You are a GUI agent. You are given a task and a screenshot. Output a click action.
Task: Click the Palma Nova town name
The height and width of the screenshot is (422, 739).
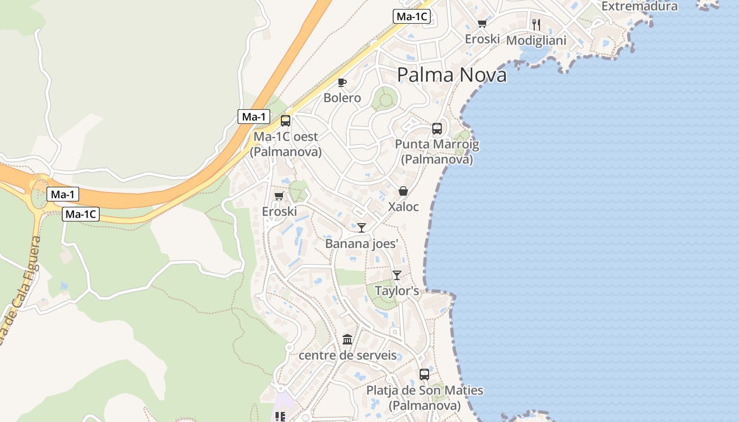pyautogui.click(x=451, y=75)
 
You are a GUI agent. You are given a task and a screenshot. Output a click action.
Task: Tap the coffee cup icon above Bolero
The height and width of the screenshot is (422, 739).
pyautogui.click(x=342, y=82)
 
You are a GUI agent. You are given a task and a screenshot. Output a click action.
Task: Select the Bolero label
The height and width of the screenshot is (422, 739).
pyautogui.click(x=342, y=98)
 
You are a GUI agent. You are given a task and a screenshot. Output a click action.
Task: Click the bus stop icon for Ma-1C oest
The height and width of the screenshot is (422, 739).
pyautogui.click(x=286, y=121)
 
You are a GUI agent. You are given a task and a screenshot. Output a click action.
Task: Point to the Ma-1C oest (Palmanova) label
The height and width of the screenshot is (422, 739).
pyautogui.click(x=286, y=144)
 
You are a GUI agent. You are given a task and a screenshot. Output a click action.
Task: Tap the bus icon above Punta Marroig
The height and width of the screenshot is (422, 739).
pyautogui.click(x=437, y=128)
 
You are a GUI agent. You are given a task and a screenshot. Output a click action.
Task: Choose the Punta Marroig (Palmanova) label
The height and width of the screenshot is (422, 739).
pyautogui.click(x=437, y=151)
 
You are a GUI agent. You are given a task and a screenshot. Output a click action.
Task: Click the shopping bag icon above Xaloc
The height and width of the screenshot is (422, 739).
pyautogui.click(x=403, y=191)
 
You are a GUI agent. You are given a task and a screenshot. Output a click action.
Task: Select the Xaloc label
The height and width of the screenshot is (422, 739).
pyautogui.click(x=403, y=207)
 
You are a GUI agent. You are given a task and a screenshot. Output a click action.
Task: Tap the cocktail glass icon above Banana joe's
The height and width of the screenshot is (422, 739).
pyautogui.click(x=362, y=228)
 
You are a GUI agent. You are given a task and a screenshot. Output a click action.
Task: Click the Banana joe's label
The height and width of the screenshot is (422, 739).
pyautogui.click(x=361, y=243)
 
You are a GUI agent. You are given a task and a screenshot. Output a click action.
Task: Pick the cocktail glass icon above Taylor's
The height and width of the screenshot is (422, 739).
pyautogui.click(x=397, y=275)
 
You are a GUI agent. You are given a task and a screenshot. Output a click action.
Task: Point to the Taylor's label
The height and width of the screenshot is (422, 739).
pyautogui.click(x=397, y=291)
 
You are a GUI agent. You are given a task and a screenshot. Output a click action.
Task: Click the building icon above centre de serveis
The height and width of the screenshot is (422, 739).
pyautogui.click(x=347, y=339)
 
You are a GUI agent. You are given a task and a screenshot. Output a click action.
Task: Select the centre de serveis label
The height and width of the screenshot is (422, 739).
pyautogui.click(x=347, y=355)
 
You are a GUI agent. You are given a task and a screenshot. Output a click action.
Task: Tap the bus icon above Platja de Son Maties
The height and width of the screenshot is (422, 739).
pyautogui.click(x=424, y=375)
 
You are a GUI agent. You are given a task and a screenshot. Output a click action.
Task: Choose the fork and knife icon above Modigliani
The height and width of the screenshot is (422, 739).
pyautogui.click(x=536, y=24)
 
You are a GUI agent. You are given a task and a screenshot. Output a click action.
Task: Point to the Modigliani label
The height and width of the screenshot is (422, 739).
pyautogui.click(x=536, y=40)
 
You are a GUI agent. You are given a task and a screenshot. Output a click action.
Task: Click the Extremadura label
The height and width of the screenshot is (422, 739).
pyautogui.click(x=639, y=6)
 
